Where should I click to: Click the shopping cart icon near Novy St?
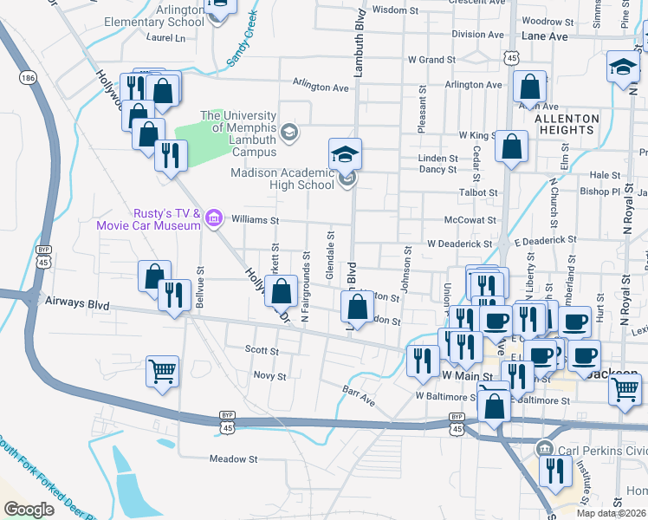click(x=162, y=372)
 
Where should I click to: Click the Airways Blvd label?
click(x=86, y=305)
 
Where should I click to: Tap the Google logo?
click(x=29, y=509)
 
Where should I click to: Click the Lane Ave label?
click(x=545, y=37)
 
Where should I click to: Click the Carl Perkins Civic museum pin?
click(x=543, y=448)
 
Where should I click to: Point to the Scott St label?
click(x=261, y=352)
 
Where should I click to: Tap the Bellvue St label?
click(x=201, y=289)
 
